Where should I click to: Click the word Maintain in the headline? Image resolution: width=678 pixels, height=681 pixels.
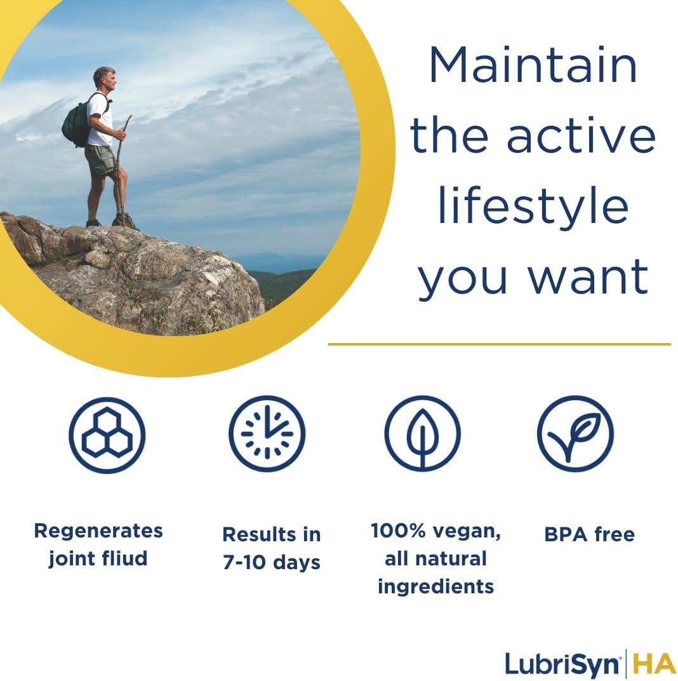coord(533,65)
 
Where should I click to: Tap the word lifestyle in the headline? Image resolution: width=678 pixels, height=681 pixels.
coord(533,207)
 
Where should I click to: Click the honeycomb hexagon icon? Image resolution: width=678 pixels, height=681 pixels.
coord(107,435)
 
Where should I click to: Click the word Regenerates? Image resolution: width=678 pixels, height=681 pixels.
coord(98,531)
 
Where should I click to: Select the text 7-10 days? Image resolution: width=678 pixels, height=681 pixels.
coord(271,562)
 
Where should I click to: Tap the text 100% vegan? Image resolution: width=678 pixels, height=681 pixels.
coord(435,531)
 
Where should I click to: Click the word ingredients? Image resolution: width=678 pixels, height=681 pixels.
coord(435,586)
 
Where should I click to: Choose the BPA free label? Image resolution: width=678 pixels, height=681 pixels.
coord(589,535)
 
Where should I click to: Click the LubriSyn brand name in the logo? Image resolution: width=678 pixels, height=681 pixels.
coord(562,664)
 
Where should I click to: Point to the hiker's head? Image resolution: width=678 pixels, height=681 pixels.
coord(103,79)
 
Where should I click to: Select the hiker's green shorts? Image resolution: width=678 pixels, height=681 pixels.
coord(100,160)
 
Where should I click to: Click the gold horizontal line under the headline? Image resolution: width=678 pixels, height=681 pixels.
coord(499,344)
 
